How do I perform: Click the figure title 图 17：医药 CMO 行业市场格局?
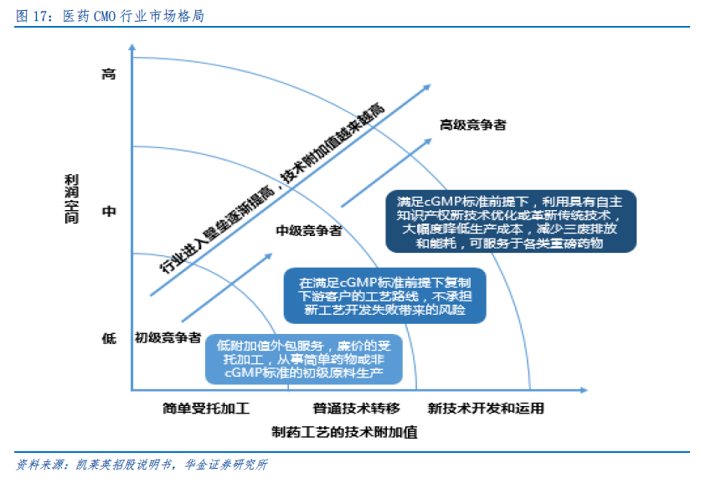click(x=111, y=16)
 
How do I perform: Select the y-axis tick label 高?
click(x=109, y=74)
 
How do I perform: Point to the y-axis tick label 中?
click(x=109, y=211)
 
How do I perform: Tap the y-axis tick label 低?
click(x=109, y=338)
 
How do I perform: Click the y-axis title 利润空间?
click(x=71, y=199)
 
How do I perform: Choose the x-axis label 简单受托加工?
click(x=206, y=408)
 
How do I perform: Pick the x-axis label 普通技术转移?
click(x=356, y=408)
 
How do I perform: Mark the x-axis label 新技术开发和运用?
click(x=486, y=408)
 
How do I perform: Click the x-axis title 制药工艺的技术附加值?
click(x=345, y=432)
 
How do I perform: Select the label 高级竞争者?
click(x=473, y=125)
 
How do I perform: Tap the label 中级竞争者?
click(x=309, y=230)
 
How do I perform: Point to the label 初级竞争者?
click(x=168, y=337)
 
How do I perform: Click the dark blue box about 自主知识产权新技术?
click(x=511, y=222)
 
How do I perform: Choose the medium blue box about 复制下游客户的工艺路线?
click(x=385, y=295)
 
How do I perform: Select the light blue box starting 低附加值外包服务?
click(x=304, y=359)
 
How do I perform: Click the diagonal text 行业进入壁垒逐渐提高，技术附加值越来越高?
click(x=272, y=188)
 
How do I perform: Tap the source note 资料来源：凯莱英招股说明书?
click(x=142, y=465)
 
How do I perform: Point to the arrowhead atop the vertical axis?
click(x=131, y=47)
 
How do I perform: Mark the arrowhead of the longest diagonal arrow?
click(x=427, y=87)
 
